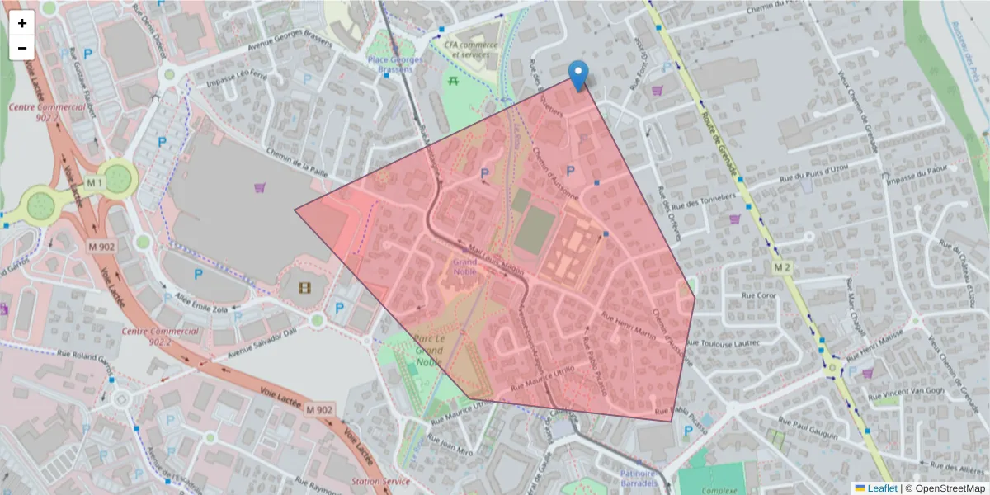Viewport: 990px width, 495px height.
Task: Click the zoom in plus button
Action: point(22,23)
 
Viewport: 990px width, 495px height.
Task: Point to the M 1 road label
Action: point(93,182)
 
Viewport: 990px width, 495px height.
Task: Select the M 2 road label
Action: point(783,268)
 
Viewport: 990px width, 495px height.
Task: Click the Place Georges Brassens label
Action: point(395,65)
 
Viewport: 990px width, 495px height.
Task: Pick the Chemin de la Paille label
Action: point(297,159)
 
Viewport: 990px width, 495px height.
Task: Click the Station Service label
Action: point(379,481)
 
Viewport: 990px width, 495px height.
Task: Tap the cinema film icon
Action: point(306,288)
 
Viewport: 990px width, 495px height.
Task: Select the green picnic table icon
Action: point(452,80)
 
